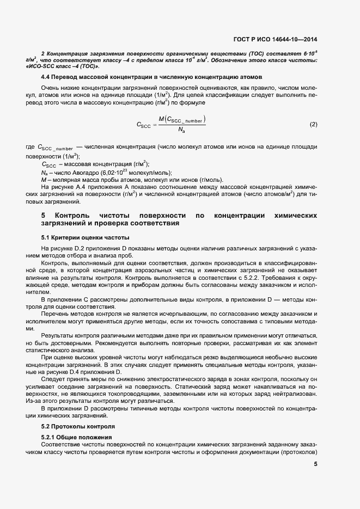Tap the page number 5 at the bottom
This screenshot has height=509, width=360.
pyautogui.click(x=315, y=464)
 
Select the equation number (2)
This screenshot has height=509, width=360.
pyautogui.click(x=313, y=125)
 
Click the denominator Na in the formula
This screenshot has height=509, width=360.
pyautogui.click(x=181, y=130)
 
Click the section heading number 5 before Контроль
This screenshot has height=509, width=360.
pyautogui.click(x=44, y=216)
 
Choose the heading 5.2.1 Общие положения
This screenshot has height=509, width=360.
pyautogui.click(x=77, y=437)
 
